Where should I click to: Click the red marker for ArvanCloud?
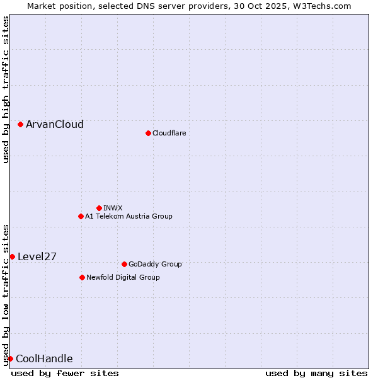coord(21,125)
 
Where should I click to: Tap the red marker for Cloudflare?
coord(148,133)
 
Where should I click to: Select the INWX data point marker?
coord(99,208)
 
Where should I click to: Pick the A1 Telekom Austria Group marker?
coord(81,216)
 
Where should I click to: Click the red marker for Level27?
coord(13,256)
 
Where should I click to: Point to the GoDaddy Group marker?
coord(124,264)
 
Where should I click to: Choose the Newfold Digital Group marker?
coord(82,277)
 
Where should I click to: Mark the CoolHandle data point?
coord(11,358)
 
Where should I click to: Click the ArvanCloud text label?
coord(55,125)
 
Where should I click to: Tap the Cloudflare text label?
coord(169,133)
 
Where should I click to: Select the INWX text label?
coord(113,208)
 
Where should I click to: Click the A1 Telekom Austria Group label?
coord(129,216)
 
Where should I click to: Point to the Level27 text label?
coord(37,256)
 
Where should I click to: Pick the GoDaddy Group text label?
coord(155,264)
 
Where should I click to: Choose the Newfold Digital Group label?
coord(123,277)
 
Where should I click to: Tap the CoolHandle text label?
coord(44,359)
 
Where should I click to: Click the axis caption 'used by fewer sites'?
coord(65,373)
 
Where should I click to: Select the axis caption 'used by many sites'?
coord(316,373)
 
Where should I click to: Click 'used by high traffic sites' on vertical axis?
coord(6,89)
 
